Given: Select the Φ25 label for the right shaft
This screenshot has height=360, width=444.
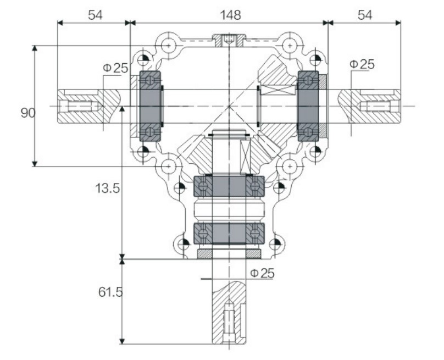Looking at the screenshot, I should [x=362, y=64].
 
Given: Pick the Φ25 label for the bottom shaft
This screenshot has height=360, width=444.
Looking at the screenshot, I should [x=262, y=273].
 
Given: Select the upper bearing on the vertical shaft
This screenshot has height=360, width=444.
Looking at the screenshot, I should [x=230, y=186].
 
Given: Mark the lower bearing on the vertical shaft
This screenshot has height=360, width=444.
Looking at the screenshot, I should [x=230, y=234].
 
